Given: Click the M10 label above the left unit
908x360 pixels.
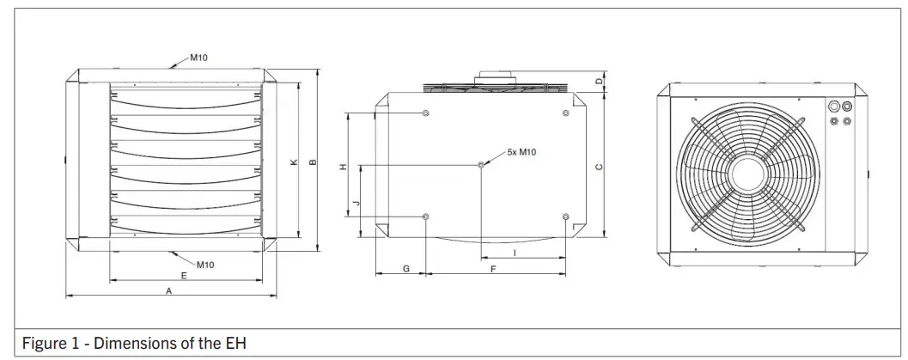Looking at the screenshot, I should pyautogui.click(x=198, y=58).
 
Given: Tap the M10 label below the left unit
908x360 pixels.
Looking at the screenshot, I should pyautogui.click(x=204, y=265).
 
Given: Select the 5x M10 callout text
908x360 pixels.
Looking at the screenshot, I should pyautogui.click(x=521, y=152).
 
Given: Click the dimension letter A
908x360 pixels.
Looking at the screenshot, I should pyautogui.click(x=169, y=291).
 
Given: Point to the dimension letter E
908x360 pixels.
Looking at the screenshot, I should pyautogui.click(x=183, y=275).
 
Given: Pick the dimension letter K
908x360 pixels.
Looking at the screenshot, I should pyautogui.click(x=294, y=162).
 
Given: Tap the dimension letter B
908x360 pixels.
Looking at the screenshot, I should pyautogui.click(x=313, y=162).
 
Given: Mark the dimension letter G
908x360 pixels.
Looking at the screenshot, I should pyautogui.click(x=405, y=269).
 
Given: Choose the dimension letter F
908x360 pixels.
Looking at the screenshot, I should pyautogui.click(x=492, y=269).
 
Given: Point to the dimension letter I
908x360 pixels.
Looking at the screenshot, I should pyautogui.click(x=514, y=253).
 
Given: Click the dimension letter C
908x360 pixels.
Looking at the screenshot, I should pyautogui.click(x=599, y=166).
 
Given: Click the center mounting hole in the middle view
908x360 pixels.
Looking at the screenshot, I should pyautogui.click(x=481, y=163).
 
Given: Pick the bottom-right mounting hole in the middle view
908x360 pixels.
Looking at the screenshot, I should pyautogui.click(x=564, y=217).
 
